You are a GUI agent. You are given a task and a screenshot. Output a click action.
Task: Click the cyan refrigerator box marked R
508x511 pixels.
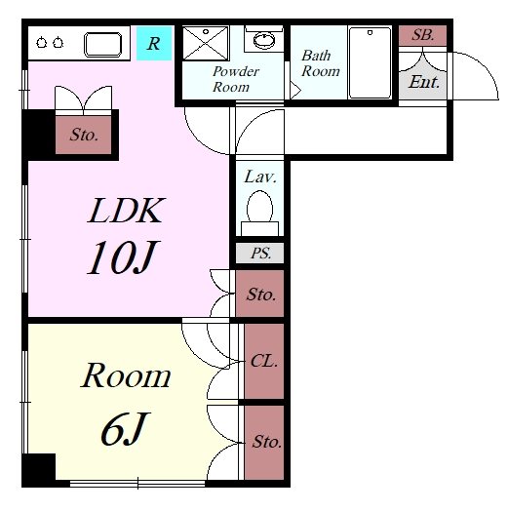coord(154,43)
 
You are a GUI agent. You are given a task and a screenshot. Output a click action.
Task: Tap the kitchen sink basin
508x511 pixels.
coord(103,44)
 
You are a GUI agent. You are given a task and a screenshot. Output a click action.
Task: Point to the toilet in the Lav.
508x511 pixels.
coord(259,214)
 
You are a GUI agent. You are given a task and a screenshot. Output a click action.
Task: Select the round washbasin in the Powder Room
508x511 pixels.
coord(264,40)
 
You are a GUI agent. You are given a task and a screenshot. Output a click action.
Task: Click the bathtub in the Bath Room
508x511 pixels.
coord(370,62)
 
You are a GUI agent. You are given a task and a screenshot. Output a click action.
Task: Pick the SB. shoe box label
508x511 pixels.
coord(422,35)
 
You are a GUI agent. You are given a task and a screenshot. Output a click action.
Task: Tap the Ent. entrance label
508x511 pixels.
coord(424,82)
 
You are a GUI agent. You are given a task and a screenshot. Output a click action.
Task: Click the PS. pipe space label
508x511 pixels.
coord(260,254)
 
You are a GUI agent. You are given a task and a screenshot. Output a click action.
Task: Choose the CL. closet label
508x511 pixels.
coord(264,361)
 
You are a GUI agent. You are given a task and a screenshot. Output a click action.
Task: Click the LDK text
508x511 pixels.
coord(126,211)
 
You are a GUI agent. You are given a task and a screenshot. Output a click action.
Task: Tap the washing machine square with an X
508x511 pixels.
coord(206,43)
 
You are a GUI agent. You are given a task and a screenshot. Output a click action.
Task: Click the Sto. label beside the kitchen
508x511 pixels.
coord(84,135)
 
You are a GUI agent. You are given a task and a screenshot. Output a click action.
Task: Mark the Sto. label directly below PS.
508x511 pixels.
coord(261,295)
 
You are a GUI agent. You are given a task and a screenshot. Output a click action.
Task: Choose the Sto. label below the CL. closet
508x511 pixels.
coord(266,442)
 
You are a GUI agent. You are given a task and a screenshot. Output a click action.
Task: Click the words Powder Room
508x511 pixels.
coord(236,79)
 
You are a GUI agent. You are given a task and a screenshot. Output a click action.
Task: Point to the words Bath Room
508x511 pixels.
coord(321,63)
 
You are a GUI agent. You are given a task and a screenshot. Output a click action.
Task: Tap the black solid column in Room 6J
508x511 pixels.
coord(39,467)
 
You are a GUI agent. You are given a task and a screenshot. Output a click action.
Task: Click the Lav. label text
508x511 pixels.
coord(260,177)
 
